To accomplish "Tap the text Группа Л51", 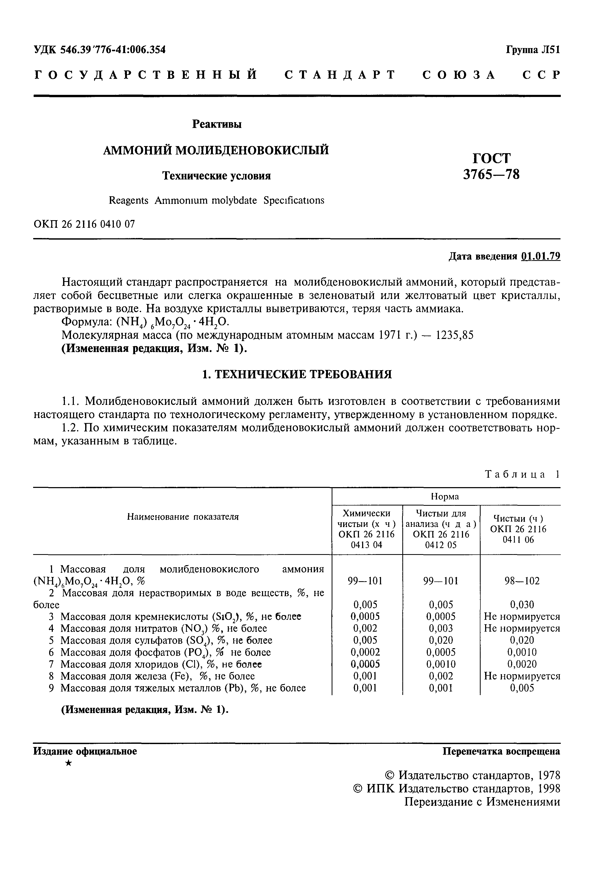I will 533,50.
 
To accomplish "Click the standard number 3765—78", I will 491,174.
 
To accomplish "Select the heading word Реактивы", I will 217,124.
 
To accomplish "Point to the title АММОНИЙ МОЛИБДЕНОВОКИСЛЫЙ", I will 216,150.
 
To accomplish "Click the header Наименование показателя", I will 183,517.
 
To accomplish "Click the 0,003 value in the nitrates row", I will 441,628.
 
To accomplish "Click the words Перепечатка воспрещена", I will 501,751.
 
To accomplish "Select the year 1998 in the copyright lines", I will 549,788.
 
